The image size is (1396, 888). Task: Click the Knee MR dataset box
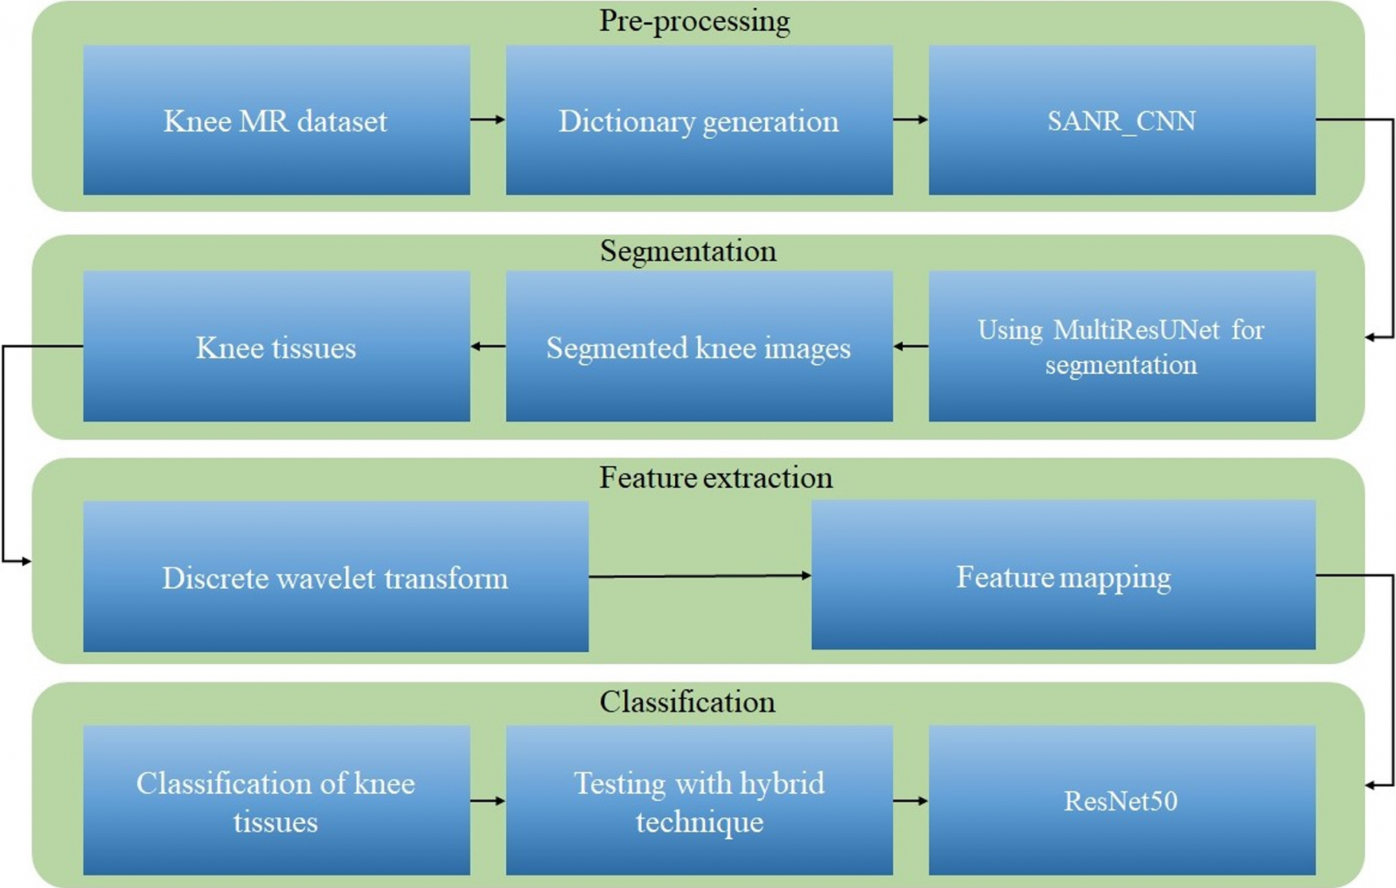click(276, 120)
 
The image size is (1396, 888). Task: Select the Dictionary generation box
click(699, 120)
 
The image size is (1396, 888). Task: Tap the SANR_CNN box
click(1122, 120)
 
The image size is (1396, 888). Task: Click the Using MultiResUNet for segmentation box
click(1122, 346)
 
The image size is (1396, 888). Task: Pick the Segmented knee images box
click(699, 346)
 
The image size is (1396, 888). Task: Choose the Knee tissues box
click(276, 346)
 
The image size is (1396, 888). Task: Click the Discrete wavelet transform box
click(335, 576)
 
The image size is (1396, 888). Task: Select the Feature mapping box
click(1063, 575)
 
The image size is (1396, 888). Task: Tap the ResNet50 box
click(1122, 800)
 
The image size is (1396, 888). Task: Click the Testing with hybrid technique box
click(699, 800)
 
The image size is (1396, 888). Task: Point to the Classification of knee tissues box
click(276, 800)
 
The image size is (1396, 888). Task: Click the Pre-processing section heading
click(695, 21)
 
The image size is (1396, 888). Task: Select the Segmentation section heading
click(688, 252)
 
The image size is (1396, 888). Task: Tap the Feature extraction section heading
click(716, 477)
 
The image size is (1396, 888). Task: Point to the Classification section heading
click(687, 702)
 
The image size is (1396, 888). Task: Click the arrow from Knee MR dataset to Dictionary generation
click(488, 119)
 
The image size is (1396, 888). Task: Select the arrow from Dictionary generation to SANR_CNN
click(911, 119)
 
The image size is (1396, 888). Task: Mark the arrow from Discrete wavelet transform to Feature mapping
click(700, 576)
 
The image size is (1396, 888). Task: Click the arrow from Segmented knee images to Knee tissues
click(488, 346)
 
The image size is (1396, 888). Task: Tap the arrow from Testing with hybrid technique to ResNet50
click(911, 800)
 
